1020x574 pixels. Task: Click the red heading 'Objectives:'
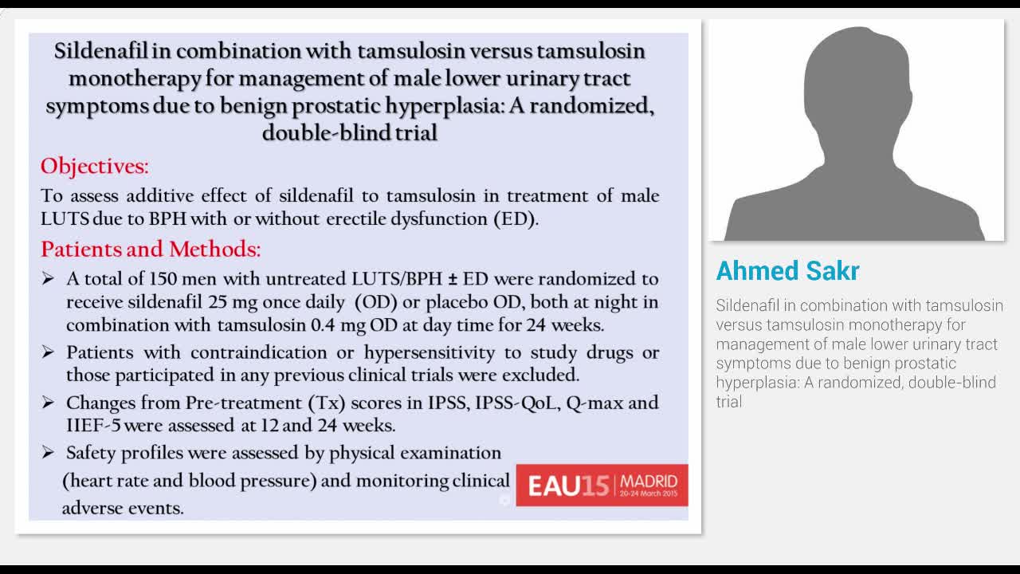coord(94,167)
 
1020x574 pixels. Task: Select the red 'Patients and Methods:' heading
coord(151,250)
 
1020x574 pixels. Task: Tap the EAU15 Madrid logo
coord(602,485)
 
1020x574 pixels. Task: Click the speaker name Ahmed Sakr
coord(787,271)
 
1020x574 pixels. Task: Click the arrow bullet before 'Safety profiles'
coord(49,453)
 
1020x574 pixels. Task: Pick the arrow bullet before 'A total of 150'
coord(49,279)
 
